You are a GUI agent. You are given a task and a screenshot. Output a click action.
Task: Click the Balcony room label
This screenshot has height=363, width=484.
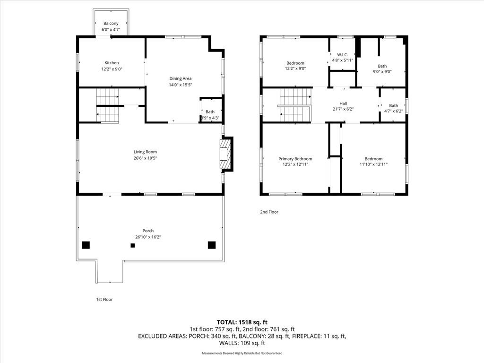point(111,24)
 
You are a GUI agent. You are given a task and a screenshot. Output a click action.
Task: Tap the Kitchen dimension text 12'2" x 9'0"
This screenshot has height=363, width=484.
point(112,69)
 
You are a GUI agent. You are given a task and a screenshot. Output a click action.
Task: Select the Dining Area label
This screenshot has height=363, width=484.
point(180,79)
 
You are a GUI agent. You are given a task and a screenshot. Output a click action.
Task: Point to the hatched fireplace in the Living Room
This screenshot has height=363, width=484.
point(225,154)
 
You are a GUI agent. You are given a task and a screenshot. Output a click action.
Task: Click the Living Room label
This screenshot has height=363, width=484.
point(145,152)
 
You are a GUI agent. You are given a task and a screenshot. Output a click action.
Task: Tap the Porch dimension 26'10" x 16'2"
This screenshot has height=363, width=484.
point(148,237)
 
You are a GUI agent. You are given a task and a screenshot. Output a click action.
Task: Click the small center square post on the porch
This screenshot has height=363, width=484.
point(133,245)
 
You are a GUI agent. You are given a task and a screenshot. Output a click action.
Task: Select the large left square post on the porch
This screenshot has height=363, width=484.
point(86,245)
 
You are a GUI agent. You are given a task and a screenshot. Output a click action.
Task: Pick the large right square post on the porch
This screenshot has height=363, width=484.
point(211,245)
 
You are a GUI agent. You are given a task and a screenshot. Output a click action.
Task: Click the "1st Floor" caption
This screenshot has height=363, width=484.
point(104,299)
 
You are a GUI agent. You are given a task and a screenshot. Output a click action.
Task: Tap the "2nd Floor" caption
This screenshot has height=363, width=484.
point(269,212)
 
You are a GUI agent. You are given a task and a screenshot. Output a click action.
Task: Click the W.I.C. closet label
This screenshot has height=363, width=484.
point(342,55)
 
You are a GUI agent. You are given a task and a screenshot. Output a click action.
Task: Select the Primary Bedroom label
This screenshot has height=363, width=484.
point(295,159)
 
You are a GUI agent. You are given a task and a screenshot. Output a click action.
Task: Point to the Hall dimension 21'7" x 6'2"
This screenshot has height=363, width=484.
point(343,109)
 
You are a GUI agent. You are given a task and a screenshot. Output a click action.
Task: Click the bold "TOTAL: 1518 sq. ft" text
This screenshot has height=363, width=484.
point(242,322)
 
